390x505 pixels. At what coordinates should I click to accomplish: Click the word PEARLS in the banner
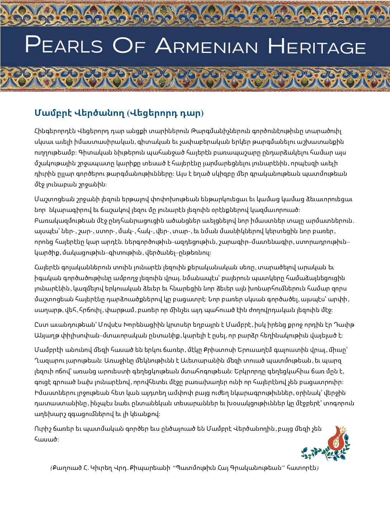pos(64,45)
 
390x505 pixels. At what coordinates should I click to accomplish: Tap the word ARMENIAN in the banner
pos(206,45)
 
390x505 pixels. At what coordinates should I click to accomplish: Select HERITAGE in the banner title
pos(317,46)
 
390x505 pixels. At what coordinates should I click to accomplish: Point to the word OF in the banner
pos(129,45)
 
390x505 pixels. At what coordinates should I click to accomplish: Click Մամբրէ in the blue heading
pos(52,113)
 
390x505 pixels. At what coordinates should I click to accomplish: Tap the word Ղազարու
pos(49,360)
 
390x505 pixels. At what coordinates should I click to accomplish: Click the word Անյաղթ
pos(45,336)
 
